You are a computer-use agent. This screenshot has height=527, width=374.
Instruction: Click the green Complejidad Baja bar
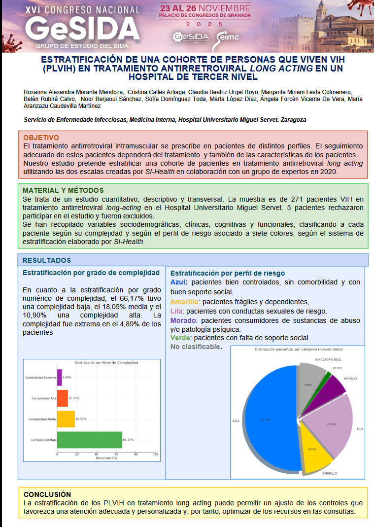point(89,440)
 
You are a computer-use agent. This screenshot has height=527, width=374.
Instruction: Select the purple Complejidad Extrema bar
point(60,377)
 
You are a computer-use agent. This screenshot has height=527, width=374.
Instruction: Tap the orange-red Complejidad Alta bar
point(63,398)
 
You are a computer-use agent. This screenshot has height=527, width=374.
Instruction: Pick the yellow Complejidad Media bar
point(66,419)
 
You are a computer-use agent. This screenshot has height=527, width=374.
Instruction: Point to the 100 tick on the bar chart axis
point(156,454)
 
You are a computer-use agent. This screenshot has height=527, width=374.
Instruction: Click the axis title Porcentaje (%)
point(106,458)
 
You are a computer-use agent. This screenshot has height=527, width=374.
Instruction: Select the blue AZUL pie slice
point(269,419)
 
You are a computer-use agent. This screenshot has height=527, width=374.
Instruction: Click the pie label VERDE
point(338,368)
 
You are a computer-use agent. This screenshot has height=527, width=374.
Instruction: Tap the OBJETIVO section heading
point(41,138)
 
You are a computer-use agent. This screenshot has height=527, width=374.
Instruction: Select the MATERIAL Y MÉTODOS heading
point(63,190)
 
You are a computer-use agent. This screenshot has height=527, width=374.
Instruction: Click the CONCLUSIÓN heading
point(47,494)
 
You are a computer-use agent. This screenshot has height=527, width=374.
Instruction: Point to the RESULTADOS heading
point(46,260)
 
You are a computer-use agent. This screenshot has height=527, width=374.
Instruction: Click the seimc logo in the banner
point(228,37)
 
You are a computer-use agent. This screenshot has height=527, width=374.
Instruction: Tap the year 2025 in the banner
point(204,24)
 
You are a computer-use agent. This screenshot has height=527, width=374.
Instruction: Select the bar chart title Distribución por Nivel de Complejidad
point(106,362)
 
